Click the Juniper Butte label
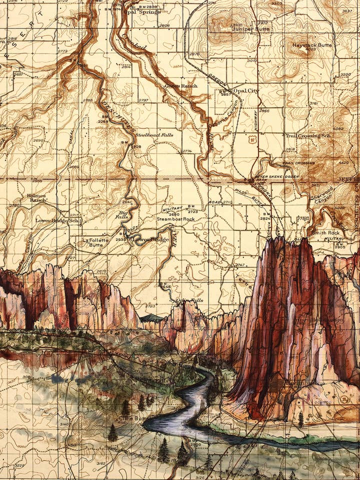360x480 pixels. click(x=250, y=29)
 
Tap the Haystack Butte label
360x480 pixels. click(x=311, y=45)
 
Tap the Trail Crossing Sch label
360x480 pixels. click(x=308, y=135)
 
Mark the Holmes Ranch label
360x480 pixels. click(x=37, y=197)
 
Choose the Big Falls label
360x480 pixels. click(x=122, y=214)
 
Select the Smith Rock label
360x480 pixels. click(x=324, y=233)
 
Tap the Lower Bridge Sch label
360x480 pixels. click(x=57, y=220)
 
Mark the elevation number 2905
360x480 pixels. click(x=340, y=247)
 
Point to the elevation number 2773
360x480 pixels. click(x=62, y=51)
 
